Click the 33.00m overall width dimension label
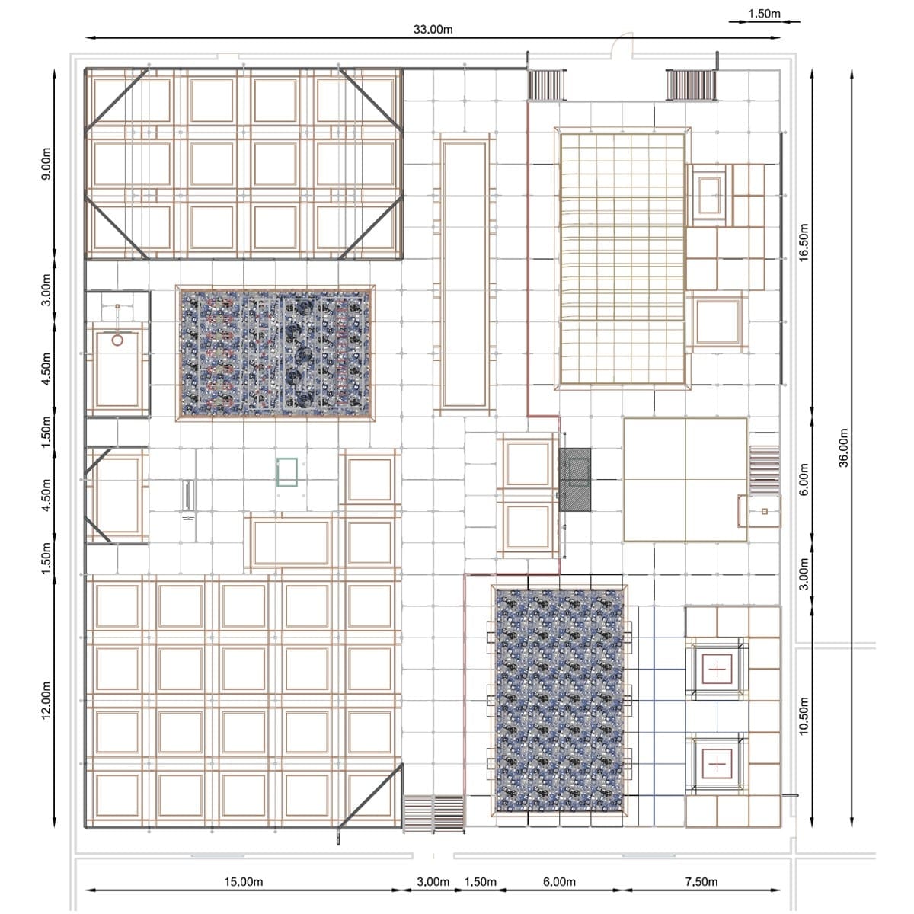[433, 30]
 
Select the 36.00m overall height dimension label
[844, 448]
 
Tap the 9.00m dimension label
[46, 164]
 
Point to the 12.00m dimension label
[46, 701]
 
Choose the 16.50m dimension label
[803, 242]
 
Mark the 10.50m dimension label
[803, 716]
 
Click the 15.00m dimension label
[243, 882]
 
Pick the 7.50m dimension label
[701, 882]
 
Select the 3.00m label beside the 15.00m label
[433, 882]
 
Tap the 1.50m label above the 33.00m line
[764, 14]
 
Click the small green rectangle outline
[287, 472]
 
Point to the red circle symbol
[117, 340]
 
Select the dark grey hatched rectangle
[575, 480]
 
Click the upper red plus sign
[717, 670]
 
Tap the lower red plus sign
[717, 764]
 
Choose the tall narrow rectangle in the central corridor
[465, 275]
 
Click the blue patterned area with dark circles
[275, 353]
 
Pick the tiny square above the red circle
[117, 306]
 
